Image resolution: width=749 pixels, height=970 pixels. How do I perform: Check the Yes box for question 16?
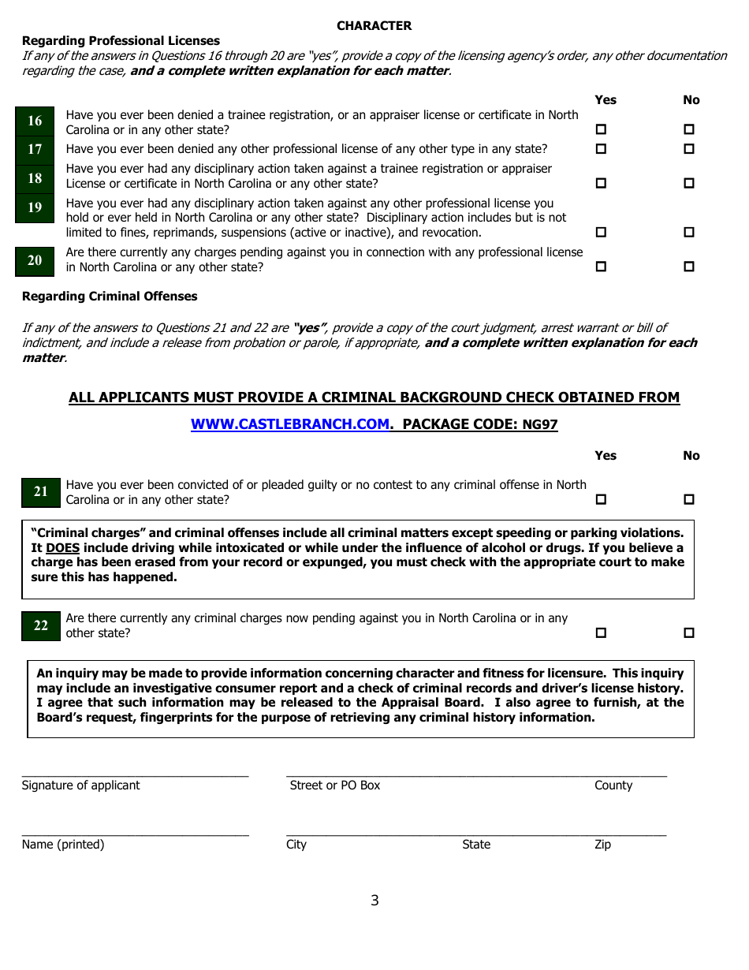[601, 129]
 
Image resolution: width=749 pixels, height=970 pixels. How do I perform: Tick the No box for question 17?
[689, 149]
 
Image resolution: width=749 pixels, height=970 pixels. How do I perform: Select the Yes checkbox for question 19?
[601, 233]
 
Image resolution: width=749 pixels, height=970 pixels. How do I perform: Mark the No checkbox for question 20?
[689, 267]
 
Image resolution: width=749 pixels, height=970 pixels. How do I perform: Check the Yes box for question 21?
[601, 499]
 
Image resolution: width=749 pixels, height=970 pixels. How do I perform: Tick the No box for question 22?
[689, 632]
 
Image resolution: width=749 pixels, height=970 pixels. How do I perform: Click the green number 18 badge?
[35, 179]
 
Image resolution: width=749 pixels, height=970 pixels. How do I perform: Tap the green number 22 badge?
[41, 626]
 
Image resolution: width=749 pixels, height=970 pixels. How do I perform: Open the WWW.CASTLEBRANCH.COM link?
[290, 424]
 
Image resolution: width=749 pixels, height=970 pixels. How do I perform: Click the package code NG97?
[540, 425]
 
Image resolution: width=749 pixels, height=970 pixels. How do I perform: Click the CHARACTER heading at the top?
[374, 26]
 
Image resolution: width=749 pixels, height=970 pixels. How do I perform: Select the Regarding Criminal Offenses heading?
[110, 297]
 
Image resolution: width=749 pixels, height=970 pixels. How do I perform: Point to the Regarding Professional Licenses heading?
[121, 41]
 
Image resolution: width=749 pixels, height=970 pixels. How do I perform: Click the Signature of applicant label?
[80, 785]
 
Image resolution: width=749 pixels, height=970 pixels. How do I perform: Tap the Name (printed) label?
[63, 845]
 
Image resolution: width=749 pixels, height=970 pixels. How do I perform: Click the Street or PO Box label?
[334, 785]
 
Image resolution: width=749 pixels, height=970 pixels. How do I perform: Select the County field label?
[613, 785]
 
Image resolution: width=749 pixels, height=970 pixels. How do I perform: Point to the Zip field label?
[602, 845]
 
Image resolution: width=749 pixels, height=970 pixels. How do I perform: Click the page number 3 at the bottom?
[374, 901]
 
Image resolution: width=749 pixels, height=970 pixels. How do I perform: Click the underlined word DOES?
[62, 548]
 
